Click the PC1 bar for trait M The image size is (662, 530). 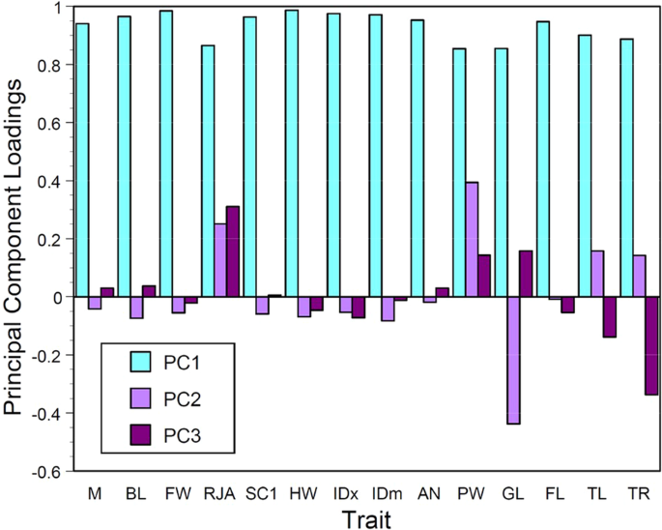click(x=82, y=160)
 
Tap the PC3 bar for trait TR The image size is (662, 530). click(x=652, y=345)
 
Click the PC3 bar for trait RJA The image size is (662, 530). click(x=233, y=251)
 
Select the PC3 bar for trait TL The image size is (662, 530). click(x=611, y=317)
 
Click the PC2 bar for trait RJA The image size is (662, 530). click(x=220, y=260)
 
